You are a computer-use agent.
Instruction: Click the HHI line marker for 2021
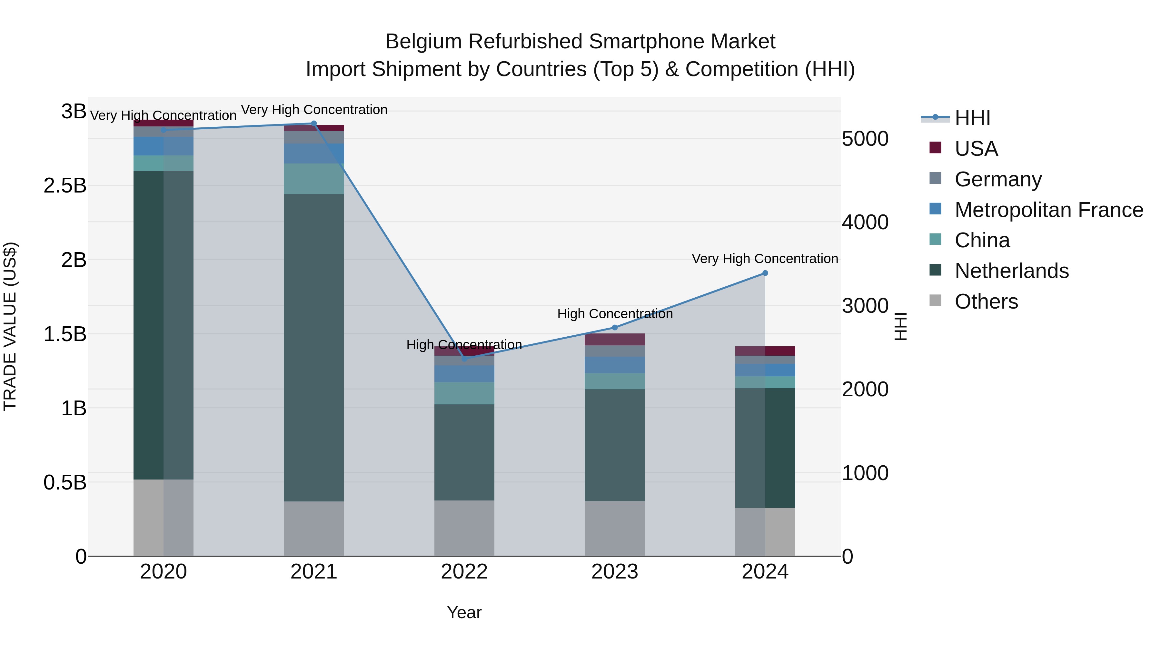[x=314, y=123]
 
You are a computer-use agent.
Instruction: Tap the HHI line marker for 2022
[x=464, y=359]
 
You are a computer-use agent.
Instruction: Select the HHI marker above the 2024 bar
[x=765, y=273]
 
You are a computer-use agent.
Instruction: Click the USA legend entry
[x=976, y=149]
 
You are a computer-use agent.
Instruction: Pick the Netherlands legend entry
[x=1011, y=271]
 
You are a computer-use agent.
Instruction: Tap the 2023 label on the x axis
[x=614, y=572]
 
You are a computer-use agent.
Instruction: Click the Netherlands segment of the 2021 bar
[x=314, y=347]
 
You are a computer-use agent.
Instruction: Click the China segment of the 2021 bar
[x=314, y=179]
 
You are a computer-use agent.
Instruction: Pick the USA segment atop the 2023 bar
[x=614, y=339]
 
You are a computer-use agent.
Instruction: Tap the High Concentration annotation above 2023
[x=614, y=314]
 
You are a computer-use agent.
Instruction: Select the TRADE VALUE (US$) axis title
[x=10, y=326]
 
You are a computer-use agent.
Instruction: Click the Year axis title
[x=464, y=612]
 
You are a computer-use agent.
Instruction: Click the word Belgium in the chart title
[x=423, y=42]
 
